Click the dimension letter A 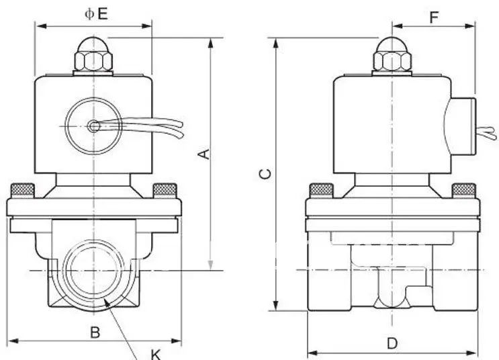(x=204, y=154)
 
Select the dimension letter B (x=95, y=332)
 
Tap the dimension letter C (x=265, y=174)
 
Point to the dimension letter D (x=392, y=344)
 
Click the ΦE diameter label (x=96, y=13)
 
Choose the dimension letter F (x=434, y=17)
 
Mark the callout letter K (x=156, y=354)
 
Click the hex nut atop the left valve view (x=93, y=61)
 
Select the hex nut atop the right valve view (x=392, y=61)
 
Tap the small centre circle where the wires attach (x=93, y=126)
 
